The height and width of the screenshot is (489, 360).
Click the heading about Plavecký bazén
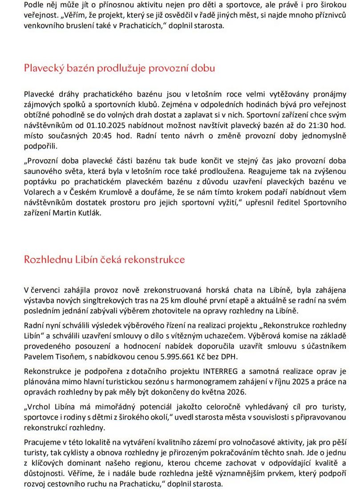(x=120, y=68)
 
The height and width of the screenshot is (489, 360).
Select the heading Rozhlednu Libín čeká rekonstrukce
(x=105, y=259)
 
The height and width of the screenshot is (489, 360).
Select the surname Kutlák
(x=89, y=212)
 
